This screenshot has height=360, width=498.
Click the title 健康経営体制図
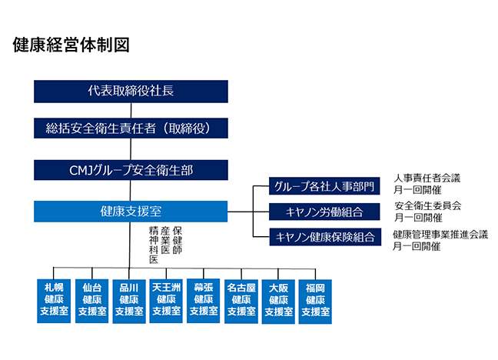tap(71, 44)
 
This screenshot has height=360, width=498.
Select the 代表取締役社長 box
tap(131, 91)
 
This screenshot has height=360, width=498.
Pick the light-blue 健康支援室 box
tap(131, 211)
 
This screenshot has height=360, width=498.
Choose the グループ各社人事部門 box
tap(325, 186)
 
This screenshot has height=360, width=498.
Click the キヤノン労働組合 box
tap(325, 212)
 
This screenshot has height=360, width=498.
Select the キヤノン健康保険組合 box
tap(325, 237)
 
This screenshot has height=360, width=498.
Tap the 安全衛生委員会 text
tap(427, 206)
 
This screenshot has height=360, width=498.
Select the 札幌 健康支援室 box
tap(54, 300)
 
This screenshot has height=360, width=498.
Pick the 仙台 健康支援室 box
tap(92, 300)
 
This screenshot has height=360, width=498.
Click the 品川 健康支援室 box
tap(129, 300)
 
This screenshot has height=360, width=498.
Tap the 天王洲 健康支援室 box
tap(167, 300)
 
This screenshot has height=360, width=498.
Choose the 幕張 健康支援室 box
tap(204, 300)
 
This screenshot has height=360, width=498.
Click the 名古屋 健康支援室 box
tap(241, 300)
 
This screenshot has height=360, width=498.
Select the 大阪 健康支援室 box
tap(278, 300)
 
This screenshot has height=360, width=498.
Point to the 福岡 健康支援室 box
tap(316, 300)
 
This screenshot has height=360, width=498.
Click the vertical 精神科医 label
tap(154, 245)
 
